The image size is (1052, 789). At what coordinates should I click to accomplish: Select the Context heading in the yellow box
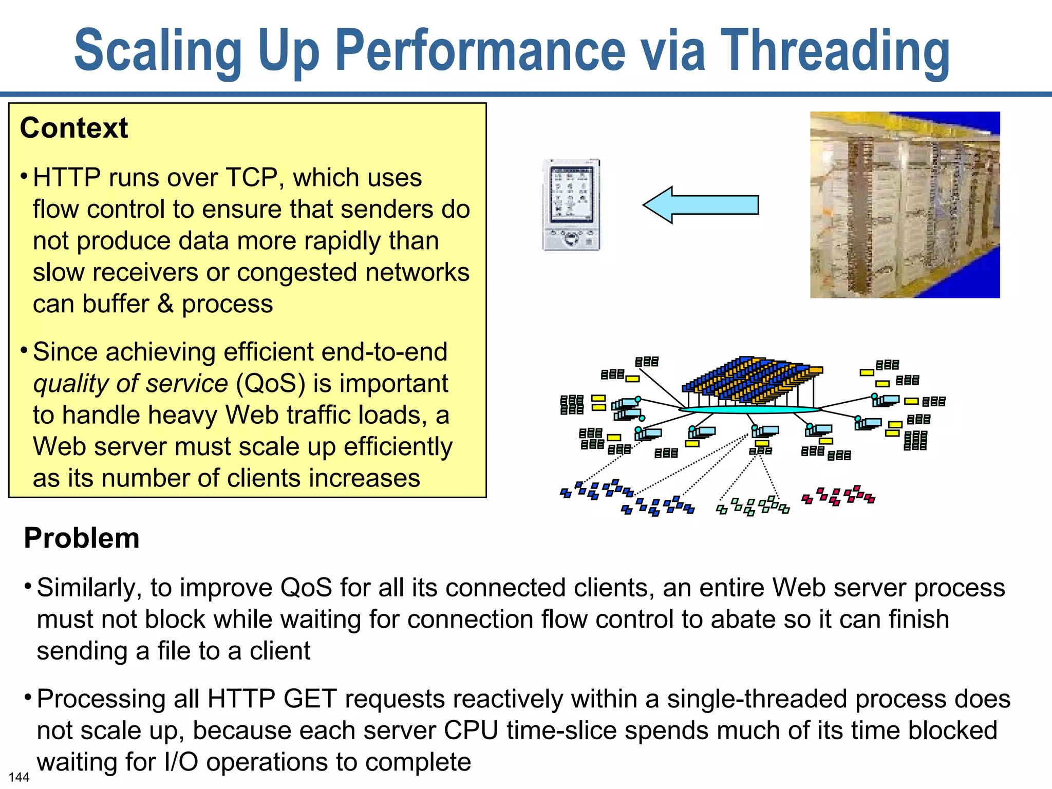74,128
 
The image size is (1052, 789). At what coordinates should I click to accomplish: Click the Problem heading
82,538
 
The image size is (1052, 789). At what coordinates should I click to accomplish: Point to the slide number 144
19,777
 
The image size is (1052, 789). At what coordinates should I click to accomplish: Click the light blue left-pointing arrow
701,204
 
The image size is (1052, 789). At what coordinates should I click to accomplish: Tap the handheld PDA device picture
571,205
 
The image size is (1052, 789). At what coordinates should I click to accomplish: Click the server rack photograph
905,204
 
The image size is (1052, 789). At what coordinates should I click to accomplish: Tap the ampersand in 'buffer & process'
165,304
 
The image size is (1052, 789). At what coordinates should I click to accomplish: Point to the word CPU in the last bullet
471,730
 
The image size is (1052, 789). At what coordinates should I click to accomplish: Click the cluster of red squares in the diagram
838,495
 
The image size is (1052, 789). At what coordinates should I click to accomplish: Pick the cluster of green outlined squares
753,506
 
